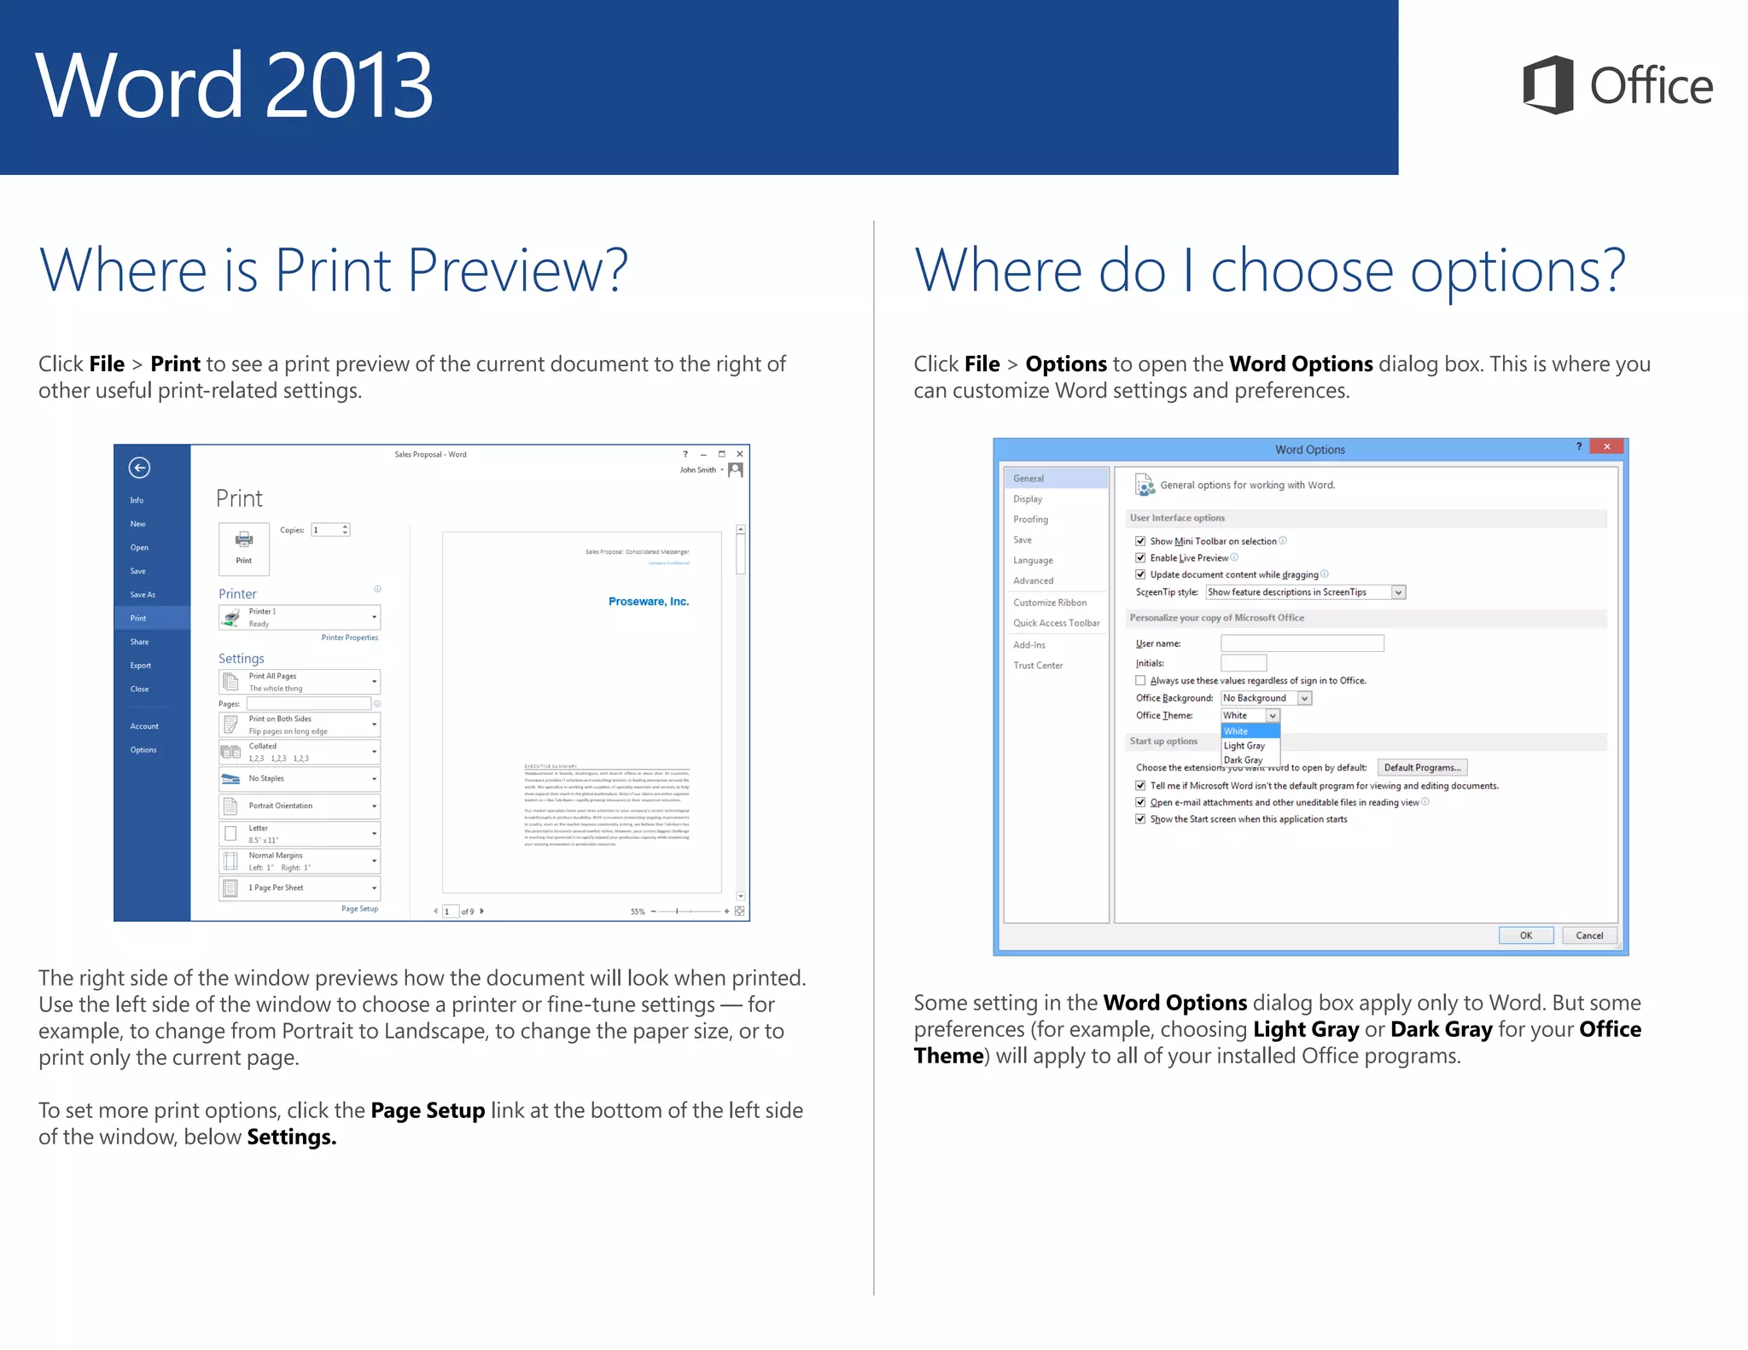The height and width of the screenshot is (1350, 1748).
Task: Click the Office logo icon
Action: click(x=1547, y=84)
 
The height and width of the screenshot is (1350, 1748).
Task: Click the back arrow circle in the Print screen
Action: click(x=139, y=468)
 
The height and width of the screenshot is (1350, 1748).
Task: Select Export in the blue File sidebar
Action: click(x=141, y=666)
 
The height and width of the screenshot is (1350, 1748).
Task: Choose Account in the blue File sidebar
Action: click(x=144, y=726)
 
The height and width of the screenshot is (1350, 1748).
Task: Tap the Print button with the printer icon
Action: click(x=244, y=548)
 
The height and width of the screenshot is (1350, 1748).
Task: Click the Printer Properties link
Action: click(x=349, y=637)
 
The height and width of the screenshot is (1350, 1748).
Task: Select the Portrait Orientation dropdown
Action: click(x=300, y=806)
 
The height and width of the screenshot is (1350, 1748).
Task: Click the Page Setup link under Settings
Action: click(x=359, y=909)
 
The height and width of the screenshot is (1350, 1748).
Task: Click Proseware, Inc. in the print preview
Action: click(x=648, y=602)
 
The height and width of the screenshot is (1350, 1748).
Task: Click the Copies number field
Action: click(x=328, y=530)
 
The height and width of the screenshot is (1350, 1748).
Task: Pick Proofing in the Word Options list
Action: click(x=1030, y=520)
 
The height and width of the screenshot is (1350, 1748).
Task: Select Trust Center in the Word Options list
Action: click(x=1038, y=666)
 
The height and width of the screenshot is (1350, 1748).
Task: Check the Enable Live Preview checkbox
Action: click(x=1140, y=558)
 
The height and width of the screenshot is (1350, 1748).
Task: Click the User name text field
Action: click(x=1302, y=643)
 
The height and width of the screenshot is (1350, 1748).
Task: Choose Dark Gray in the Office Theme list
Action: click(x=1244, y=759)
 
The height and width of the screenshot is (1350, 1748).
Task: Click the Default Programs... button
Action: click(x=1422, y=767)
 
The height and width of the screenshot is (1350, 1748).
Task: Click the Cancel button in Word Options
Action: click(x=1588, y=935)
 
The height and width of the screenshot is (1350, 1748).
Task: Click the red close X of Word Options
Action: click(x=1606, y=446)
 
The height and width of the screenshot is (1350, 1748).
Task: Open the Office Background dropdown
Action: click(x=1304, y=698)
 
